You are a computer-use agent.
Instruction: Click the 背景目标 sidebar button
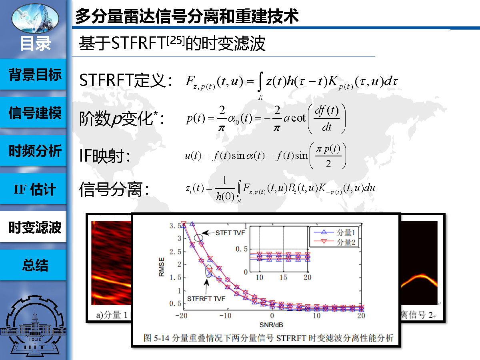pos(33,74)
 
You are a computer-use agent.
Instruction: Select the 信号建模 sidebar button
pos(33,112)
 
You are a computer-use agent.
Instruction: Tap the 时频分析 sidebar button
pos(33,151)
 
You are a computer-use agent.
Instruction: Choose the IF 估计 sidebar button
pos(33,189)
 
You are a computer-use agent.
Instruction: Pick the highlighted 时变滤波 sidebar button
pos(33,227)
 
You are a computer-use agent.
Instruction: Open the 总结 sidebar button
pos(33,265)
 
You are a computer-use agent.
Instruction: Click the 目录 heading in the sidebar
pos(36,44)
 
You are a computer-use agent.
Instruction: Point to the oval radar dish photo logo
pos(35,18)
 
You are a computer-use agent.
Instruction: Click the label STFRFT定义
pos(126,80)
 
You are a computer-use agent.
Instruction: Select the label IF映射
pos(105,156)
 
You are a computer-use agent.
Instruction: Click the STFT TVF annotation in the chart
pos(230,233)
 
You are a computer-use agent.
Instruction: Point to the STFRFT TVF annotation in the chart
pos(206,299)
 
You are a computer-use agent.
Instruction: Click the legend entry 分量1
pos(334,232)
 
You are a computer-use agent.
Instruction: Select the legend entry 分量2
pos(334,242)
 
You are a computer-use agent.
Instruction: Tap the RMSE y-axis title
pos(161,267)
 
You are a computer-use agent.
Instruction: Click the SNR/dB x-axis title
pos(271,325)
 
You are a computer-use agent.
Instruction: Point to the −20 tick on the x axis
pos(181,316)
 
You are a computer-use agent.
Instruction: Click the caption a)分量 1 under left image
pos(112,315)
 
